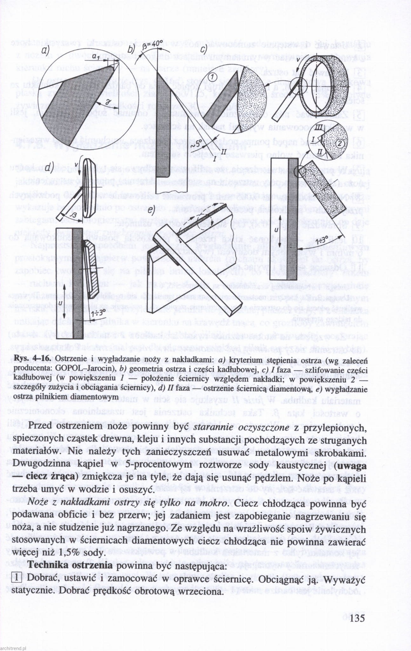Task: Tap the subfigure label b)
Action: [131, 50]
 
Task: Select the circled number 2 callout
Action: [340, 144]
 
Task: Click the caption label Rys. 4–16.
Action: [32, 358]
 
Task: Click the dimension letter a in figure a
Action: [95, 56]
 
